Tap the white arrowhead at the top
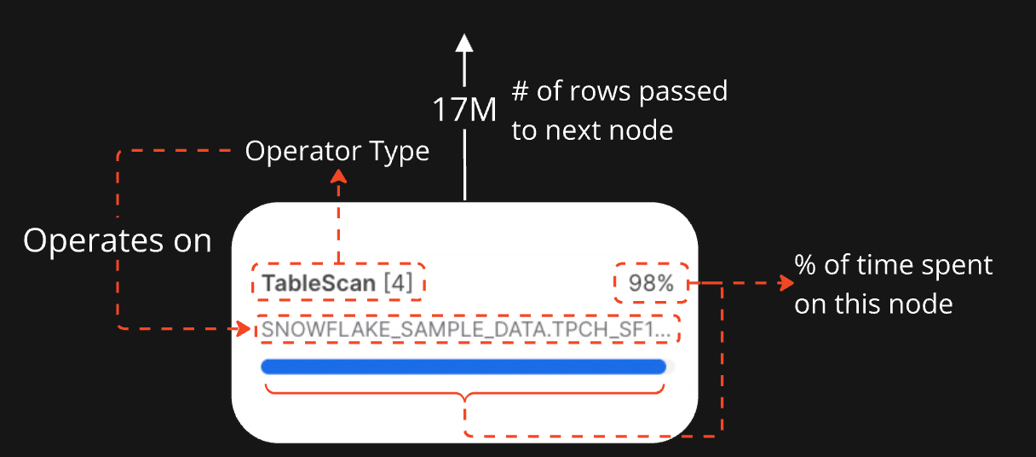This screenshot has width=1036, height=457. click(463, 43)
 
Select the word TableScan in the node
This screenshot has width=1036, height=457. click(319, 283)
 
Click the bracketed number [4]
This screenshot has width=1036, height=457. click(398, 283)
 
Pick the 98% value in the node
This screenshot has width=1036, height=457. click(651, 283)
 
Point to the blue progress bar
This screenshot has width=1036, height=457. click(463, 367)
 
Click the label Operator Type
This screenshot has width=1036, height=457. click(337, 152)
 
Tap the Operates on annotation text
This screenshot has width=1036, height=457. click(117, 241)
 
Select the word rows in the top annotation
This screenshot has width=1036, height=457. click(603, 92)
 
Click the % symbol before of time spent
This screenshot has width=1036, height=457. click(805, 265)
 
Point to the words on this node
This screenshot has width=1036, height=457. click(873, 304)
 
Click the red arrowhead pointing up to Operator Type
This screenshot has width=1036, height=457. click(338, 174)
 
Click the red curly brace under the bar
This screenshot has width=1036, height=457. click(465, 395)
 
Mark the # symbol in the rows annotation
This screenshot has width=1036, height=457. click(520, 92)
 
